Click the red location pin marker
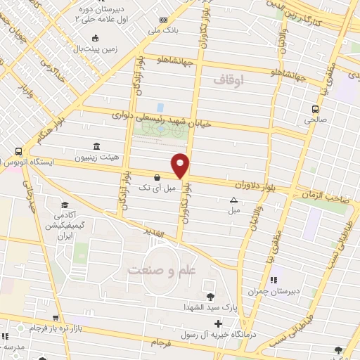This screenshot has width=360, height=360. pyautogui.click(x=181, y=165)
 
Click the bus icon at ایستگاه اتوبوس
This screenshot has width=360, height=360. pyautogui.click(x=18, y=150)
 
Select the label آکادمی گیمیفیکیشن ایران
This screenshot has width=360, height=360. pyautogui.click(x=66, y=224)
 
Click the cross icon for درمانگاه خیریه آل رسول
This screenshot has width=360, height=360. pyautogui.click(x=219, y=324)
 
